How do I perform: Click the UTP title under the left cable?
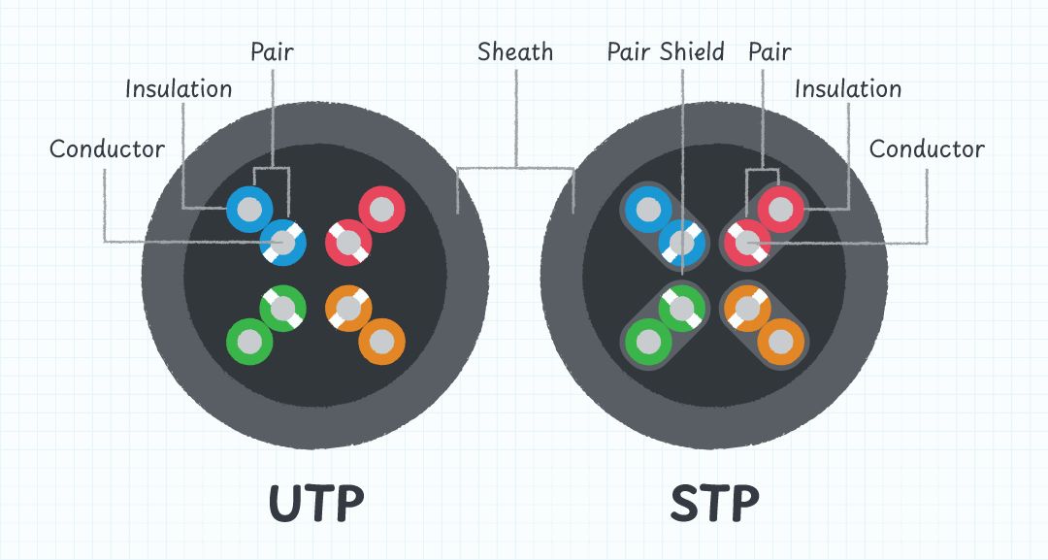316,503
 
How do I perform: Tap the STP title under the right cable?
715,503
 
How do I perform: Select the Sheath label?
515,51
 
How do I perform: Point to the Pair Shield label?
666,51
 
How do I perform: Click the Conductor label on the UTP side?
107,148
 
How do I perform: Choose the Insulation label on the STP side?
848,89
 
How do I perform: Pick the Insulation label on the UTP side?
180,89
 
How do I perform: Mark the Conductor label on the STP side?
927,148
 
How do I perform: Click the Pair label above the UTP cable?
272,51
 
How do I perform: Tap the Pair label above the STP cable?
770,51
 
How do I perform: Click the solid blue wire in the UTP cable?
249,208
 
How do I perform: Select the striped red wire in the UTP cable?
347,242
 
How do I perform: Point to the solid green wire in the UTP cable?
249,342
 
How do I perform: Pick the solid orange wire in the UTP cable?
381,342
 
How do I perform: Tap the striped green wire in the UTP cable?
282,309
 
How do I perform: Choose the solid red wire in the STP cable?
781,208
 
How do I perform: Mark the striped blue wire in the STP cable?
681,242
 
